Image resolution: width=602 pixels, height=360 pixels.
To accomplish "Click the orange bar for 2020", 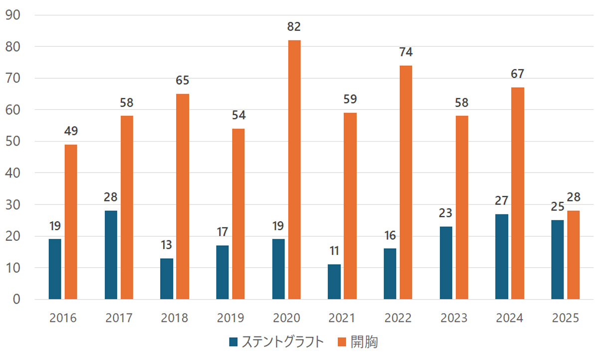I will (x=294, y=170).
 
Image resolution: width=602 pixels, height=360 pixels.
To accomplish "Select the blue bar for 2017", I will (x=111, y=255).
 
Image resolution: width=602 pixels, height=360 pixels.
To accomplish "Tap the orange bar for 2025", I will (x=573, y=255).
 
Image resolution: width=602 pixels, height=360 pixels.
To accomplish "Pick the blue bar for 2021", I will (x=334, y=282).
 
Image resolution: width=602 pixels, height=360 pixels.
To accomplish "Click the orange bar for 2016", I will (x=71, y=222).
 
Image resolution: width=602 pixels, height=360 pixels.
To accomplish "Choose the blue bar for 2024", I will (x=502, y=257).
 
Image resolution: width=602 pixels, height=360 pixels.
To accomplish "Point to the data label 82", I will (x=294, y=27).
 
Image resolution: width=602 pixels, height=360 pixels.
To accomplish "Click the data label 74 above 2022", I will (x=405, y=52).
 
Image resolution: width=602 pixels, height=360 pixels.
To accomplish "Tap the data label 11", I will (x=334, y=251).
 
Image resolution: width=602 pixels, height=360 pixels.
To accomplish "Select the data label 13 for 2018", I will (x=167, y=245).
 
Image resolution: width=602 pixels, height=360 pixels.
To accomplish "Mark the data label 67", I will (x=517, y=74).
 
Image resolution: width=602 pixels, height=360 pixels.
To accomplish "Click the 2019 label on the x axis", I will (x=230, y=318).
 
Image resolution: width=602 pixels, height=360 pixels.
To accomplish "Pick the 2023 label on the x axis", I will (x=454, y=318).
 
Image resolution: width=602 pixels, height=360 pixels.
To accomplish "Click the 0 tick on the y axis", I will (x=16, y=299).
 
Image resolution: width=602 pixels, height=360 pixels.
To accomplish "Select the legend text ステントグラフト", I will (x=283, y=342).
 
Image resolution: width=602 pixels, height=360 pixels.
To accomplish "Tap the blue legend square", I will (x=233, y=342).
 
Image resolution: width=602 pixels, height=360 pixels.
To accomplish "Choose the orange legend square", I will (x=342, y=342).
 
